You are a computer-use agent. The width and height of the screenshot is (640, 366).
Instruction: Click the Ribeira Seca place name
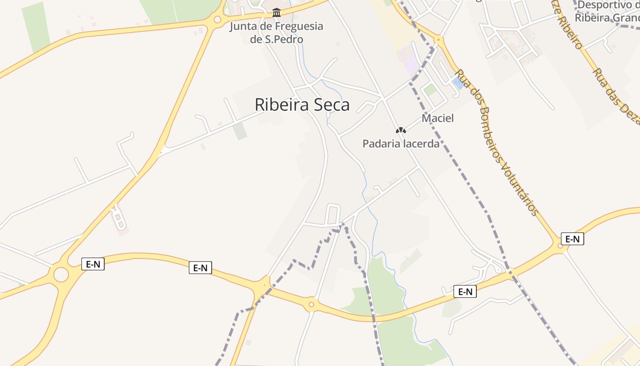point(302,105)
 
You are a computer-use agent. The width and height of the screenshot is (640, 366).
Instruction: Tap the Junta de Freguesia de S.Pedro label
point(276,32)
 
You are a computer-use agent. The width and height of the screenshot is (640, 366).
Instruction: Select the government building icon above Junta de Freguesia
point(276,12)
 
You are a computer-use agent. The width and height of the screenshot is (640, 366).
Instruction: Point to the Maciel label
point(437,118)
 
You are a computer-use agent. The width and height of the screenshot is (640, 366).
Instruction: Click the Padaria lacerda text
point(400,144)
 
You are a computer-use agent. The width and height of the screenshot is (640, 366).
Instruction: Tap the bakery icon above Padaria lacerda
point(401,130)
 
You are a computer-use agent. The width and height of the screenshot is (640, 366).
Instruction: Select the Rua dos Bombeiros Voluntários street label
point(496,142)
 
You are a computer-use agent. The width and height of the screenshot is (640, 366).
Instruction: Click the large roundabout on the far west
point(61,274)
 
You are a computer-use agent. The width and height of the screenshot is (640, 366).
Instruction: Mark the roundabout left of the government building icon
point(217,20)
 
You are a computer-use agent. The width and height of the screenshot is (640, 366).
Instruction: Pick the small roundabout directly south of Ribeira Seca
point(311,304)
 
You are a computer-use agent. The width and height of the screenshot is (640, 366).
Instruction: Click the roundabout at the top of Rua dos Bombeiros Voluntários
point(439,40)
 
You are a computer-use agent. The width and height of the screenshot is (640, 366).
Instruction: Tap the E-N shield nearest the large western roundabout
point(93,264)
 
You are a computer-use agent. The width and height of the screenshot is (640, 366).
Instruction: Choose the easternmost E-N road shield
point(572,239)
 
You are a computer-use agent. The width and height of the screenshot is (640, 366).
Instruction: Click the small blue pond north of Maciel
point(457,84)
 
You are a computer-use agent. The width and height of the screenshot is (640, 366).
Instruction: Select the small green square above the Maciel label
point(430,90)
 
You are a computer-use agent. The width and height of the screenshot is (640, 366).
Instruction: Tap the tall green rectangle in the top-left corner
point(36,27)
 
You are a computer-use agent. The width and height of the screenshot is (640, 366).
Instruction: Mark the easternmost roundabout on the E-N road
point(560,246)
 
